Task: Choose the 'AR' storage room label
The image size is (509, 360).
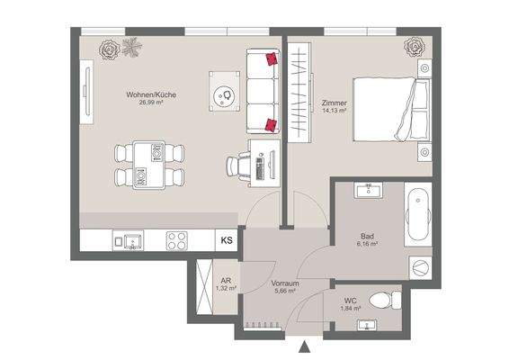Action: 227,281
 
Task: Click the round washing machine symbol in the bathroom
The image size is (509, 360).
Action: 419,267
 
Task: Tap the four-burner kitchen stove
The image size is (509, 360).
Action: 177,241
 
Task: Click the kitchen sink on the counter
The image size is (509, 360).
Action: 129,241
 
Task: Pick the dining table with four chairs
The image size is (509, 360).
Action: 150,165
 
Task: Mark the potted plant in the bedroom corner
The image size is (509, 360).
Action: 415,45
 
